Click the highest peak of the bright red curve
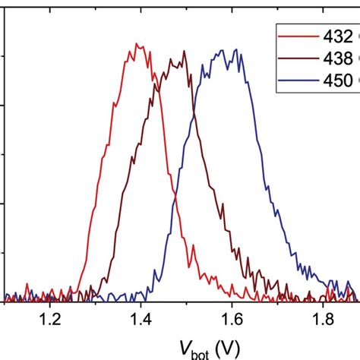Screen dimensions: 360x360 (x=137, y=44)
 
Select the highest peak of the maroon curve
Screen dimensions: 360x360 (x=184, y=51)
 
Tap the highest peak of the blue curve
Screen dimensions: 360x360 (x=221, y=50)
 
